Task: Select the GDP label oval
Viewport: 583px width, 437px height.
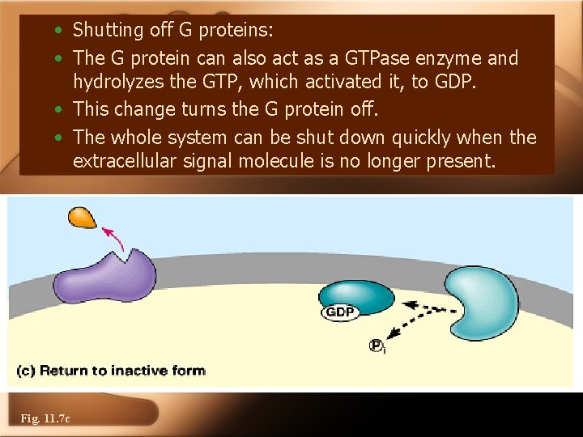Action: click(342, 312)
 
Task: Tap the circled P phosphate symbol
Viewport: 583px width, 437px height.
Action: click(377, 346)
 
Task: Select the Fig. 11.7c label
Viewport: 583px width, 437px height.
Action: click(45, 418)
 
